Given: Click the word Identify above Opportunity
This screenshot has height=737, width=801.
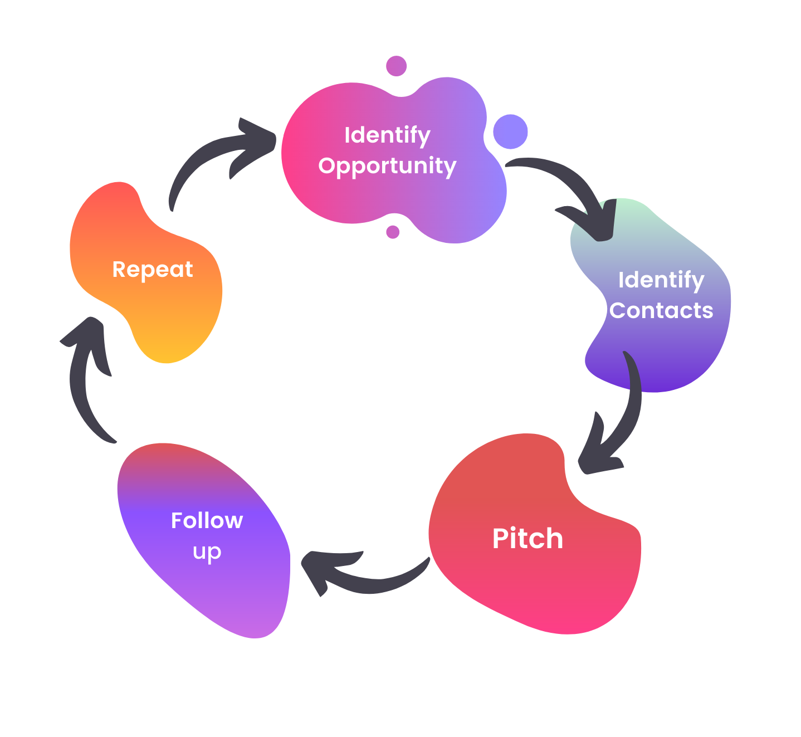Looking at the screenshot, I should click(387, 135).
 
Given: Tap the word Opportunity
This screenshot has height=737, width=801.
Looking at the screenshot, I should click(387, 166).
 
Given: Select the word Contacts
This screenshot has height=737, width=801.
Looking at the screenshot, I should click(661, 310).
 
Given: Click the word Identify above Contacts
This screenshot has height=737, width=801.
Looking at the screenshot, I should click(661, 280).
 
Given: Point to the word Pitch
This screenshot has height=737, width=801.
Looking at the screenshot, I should click(528, 539).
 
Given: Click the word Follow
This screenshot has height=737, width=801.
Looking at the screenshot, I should click(207, 520).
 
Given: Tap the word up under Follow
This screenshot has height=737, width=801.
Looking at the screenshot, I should click(207, 551).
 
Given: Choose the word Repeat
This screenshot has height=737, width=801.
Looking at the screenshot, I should click(153, 270).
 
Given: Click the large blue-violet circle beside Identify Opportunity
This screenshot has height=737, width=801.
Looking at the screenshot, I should click(510, 132).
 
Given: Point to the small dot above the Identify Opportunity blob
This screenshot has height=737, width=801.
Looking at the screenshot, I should click(396, 66).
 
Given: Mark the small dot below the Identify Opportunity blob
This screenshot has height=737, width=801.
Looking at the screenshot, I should click(393, 232).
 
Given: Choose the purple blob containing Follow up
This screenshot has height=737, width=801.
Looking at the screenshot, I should click(223, 590).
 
